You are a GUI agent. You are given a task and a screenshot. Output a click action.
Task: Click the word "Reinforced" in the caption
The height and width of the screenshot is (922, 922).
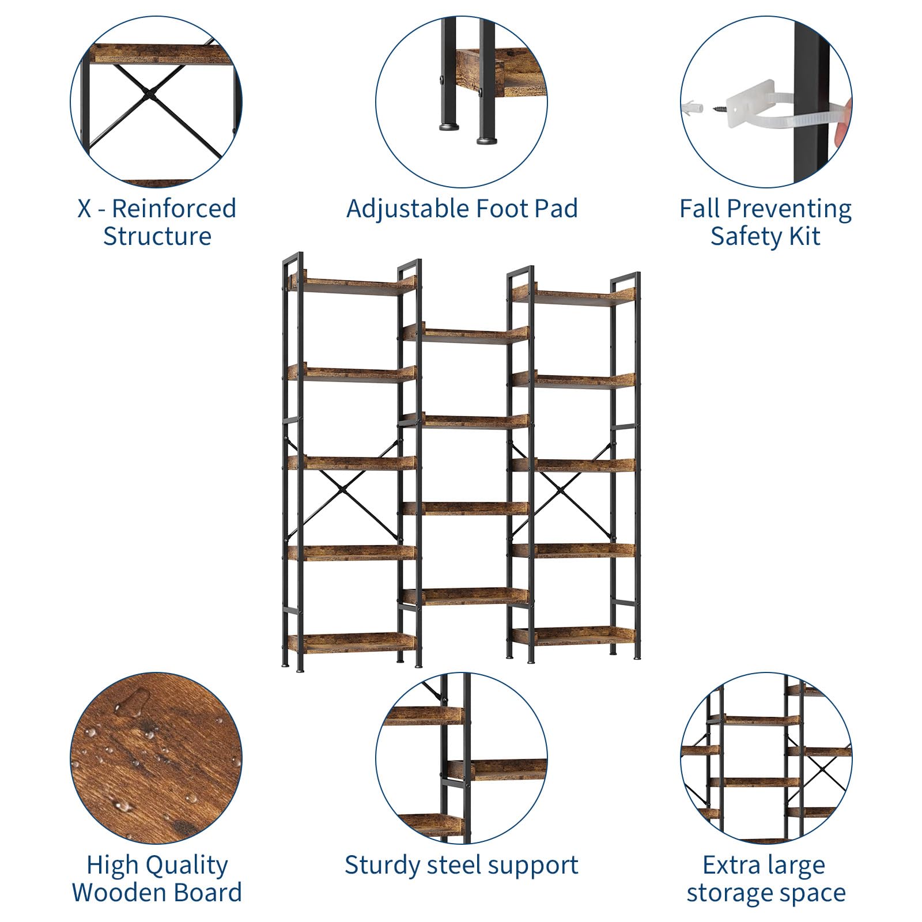[x=174, y=208]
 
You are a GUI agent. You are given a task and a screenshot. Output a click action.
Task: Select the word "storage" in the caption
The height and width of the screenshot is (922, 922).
[x=731, y=893]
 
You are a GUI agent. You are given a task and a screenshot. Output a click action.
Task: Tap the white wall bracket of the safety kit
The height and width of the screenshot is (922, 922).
[x=751, y=103]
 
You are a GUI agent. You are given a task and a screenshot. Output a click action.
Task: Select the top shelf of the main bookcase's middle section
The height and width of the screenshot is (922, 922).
[x=465, y=335]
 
